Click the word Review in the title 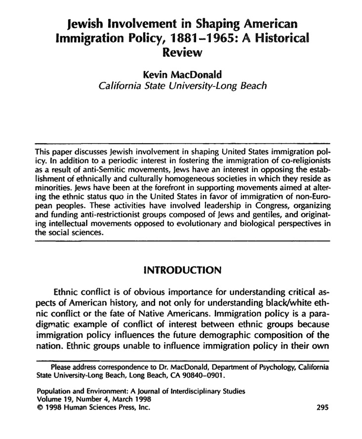181,52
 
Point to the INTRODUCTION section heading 181,270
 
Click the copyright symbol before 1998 40,408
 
